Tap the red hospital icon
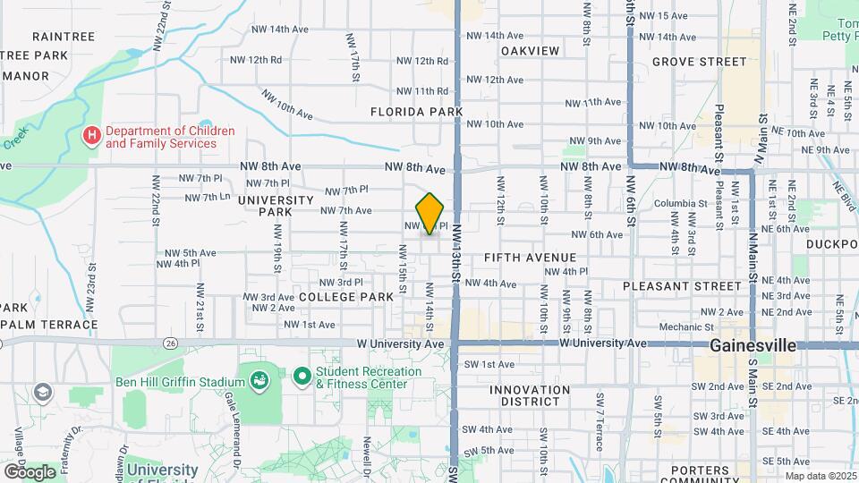point(90,137)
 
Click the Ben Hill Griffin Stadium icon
point(259,381)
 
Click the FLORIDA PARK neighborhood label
point(417,112)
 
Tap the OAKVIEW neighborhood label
point(530,51)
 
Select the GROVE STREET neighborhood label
point(699,62)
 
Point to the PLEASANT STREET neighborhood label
point(683,287)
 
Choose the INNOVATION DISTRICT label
point(530,397)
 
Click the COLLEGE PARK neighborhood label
point(346,296)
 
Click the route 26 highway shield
point(170,342)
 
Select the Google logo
point(30,471)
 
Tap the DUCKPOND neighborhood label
point(831,243)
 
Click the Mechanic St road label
point(685,327)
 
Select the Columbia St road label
point(681,204)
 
